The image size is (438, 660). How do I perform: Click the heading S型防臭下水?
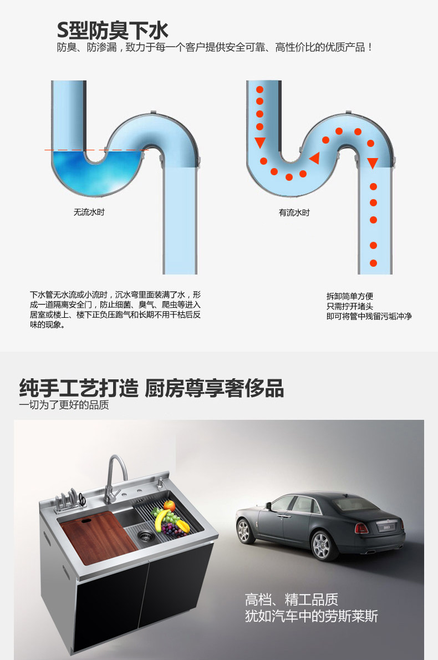pyautogui.click(x=113, y=29)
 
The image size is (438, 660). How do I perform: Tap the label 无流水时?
pyautogui.click(x=89, y=212)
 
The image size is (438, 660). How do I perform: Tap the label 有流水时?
pyautogui.click(x=294, y=212)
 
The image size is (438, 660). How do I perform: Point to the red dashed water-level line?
pyautogui.click(x=97, y=150)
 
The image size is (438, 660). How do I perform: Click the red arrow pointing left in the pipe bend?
pyautogui.click(x=314, y=158)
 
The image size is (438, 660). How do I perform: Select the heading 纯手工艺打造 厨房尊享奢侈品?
pyautogui.click(x=151, y=388)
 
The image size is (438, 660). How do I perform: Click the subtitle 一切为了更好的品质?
pyautogui.click(x=64, y=405)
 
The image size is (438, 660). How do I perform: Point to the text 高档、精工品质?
pyautogui.click(x=291, y=600)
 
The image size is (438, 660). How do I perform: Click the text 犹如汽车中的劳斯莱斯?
pyautogui.click(x=311, y=616)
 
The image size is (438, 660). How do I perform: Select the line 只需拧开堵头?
pyautogui.click(x=349, y=306)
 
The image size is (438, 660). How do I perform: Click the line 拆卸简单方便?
pyautogui.click(x=349, y=296)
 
